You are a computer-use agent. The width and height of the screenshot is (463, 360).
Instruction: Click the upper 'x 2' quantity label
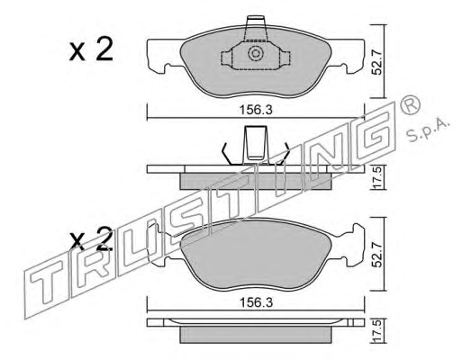(91, 50)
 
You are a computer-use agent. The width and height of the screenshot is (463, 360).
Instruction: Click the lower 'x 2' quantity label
(91, 239)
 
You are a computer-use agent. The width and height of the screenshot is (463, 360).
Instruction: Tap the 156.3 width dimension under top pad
(256, 111)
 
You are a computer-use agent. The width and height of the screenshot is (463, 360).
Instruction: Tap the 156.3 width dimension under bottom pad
(256, 302)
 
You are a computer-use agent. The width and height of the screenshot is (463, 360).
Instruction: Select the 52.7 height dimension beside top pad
(377, 62)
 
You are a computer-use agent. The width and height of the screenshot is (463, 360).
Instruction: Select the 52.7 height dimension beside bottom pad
(377, 255)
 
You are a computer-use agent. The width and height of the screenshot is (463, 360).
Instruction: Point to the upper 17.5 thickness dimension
(377, 177)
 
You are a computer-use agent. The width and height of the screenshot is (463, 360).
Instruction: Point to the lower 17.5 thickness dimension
(377, 331)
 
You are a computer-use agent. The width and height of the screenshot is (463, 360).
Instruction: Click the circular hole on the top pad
(256, 54)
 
